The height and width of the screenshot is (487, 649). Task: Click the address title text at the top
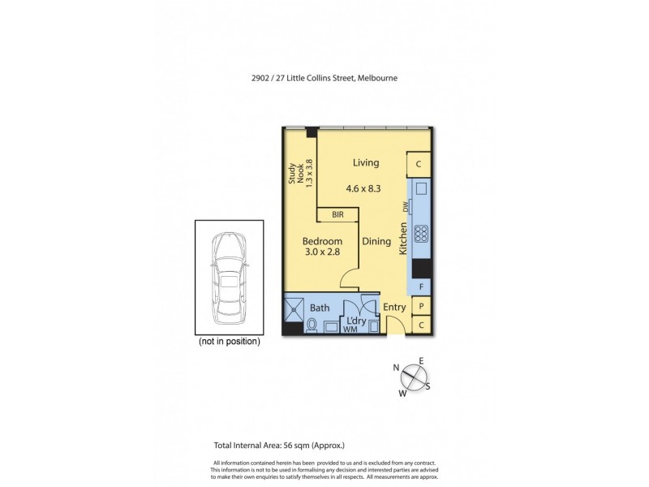pyautogui.click(x=324, y=78)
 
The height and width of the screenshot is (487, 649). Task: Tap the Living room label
pyautogui.click(x=366, y=163)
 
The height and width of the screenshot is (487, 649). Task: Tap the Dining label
pyautogui.click(x=376, y=241)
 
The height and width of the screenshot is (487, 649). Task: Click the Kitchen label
pyautogui.click(x=402, y=240)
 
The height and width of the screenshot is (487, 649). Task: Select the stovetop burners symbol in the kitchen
pyautogui.click(x=421, y=234)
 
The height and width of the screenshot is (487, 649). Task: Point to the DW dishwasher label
pyautogui.click(x=403, y=207)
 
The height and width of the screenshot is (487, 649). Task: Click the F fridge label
pyautogui.click(x=421, y=287)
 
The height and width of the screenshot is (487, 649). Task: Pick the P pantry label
pyautogui.click(x=421, y=306)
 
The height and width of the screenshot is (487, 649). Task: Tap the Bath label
pyautogui.click(x=319, y=308)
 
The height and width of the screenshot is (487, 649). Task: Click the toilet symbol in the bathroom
pyautogui.click(x=312, y=325)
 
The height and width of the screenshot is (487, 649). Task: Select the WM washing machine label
pyautogui.click(x=350, y=330)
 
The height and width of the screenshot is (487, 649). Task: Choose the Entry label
pyautogui.click(x=394, y=308)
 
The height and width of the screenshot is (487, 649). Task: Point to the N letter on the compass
pyautogui.click(x=396, y=368)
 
